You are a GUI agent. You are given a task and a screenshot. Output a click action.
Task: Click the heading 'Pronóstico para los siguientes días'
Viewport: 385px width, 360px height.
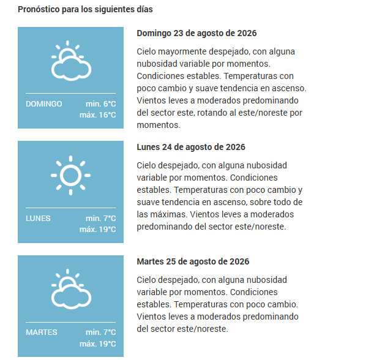click(x=85, y=10)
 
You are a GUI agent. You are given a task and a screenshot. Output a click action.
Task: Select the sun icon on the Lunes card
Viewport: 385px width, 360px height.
click(x=71, y=175)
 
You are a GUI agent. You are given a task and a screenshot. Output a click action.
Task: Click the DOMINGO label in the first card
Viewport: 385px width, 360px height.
click(x=44, y=104)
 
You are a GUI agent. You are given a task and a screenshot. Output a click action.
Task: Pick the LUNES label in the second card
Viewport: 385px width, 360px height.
click(x=38, y=219)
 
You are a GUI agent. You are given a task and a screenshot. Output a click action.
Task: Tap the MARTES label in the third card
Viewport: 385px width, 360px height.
click(x=42, y=332)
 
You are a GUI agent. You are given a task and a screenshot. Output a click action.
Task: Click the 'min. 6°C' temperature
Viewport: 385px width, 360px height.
click(x=100, y=104)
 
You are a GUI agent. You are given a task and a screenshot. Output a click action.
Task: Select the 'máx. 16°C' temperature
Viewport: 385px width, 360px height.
click(x=98, y=115)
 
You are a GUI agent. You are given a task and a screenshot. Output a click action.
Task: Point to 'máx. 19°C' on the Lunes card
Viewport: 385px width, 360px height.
click(x=98, y=230)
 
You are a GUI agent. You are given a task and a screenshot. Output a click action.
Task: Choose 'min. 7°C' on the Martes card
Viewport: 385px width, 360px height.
click(x=100, y=332)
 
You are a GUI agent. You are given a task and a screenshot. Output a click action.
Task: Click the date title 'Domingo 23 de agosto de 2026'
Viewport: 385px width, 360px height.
click(x=196, y=33)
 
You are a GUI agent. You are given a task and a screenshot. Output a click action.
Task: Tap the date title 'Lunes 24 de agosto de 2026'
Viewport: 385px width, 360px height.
click(x=191, y=147)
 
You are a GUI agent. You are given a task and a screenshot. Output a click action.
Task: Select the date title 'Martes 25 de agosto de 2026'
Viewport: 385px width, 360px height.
click(x=193, y=261)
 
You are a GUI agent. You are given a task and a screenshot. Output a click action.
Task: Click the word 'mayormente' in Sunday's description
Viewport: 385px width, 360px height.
click(x=182, y=52)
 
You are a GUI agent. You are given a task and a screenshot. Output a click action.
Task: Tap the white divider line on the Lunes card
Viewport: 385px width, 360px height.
click(x=71, y=208)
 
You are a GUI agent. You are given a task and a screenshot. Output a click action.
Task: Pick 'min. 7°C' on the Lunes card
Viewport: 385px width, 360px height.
click(x=100, y=219)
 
